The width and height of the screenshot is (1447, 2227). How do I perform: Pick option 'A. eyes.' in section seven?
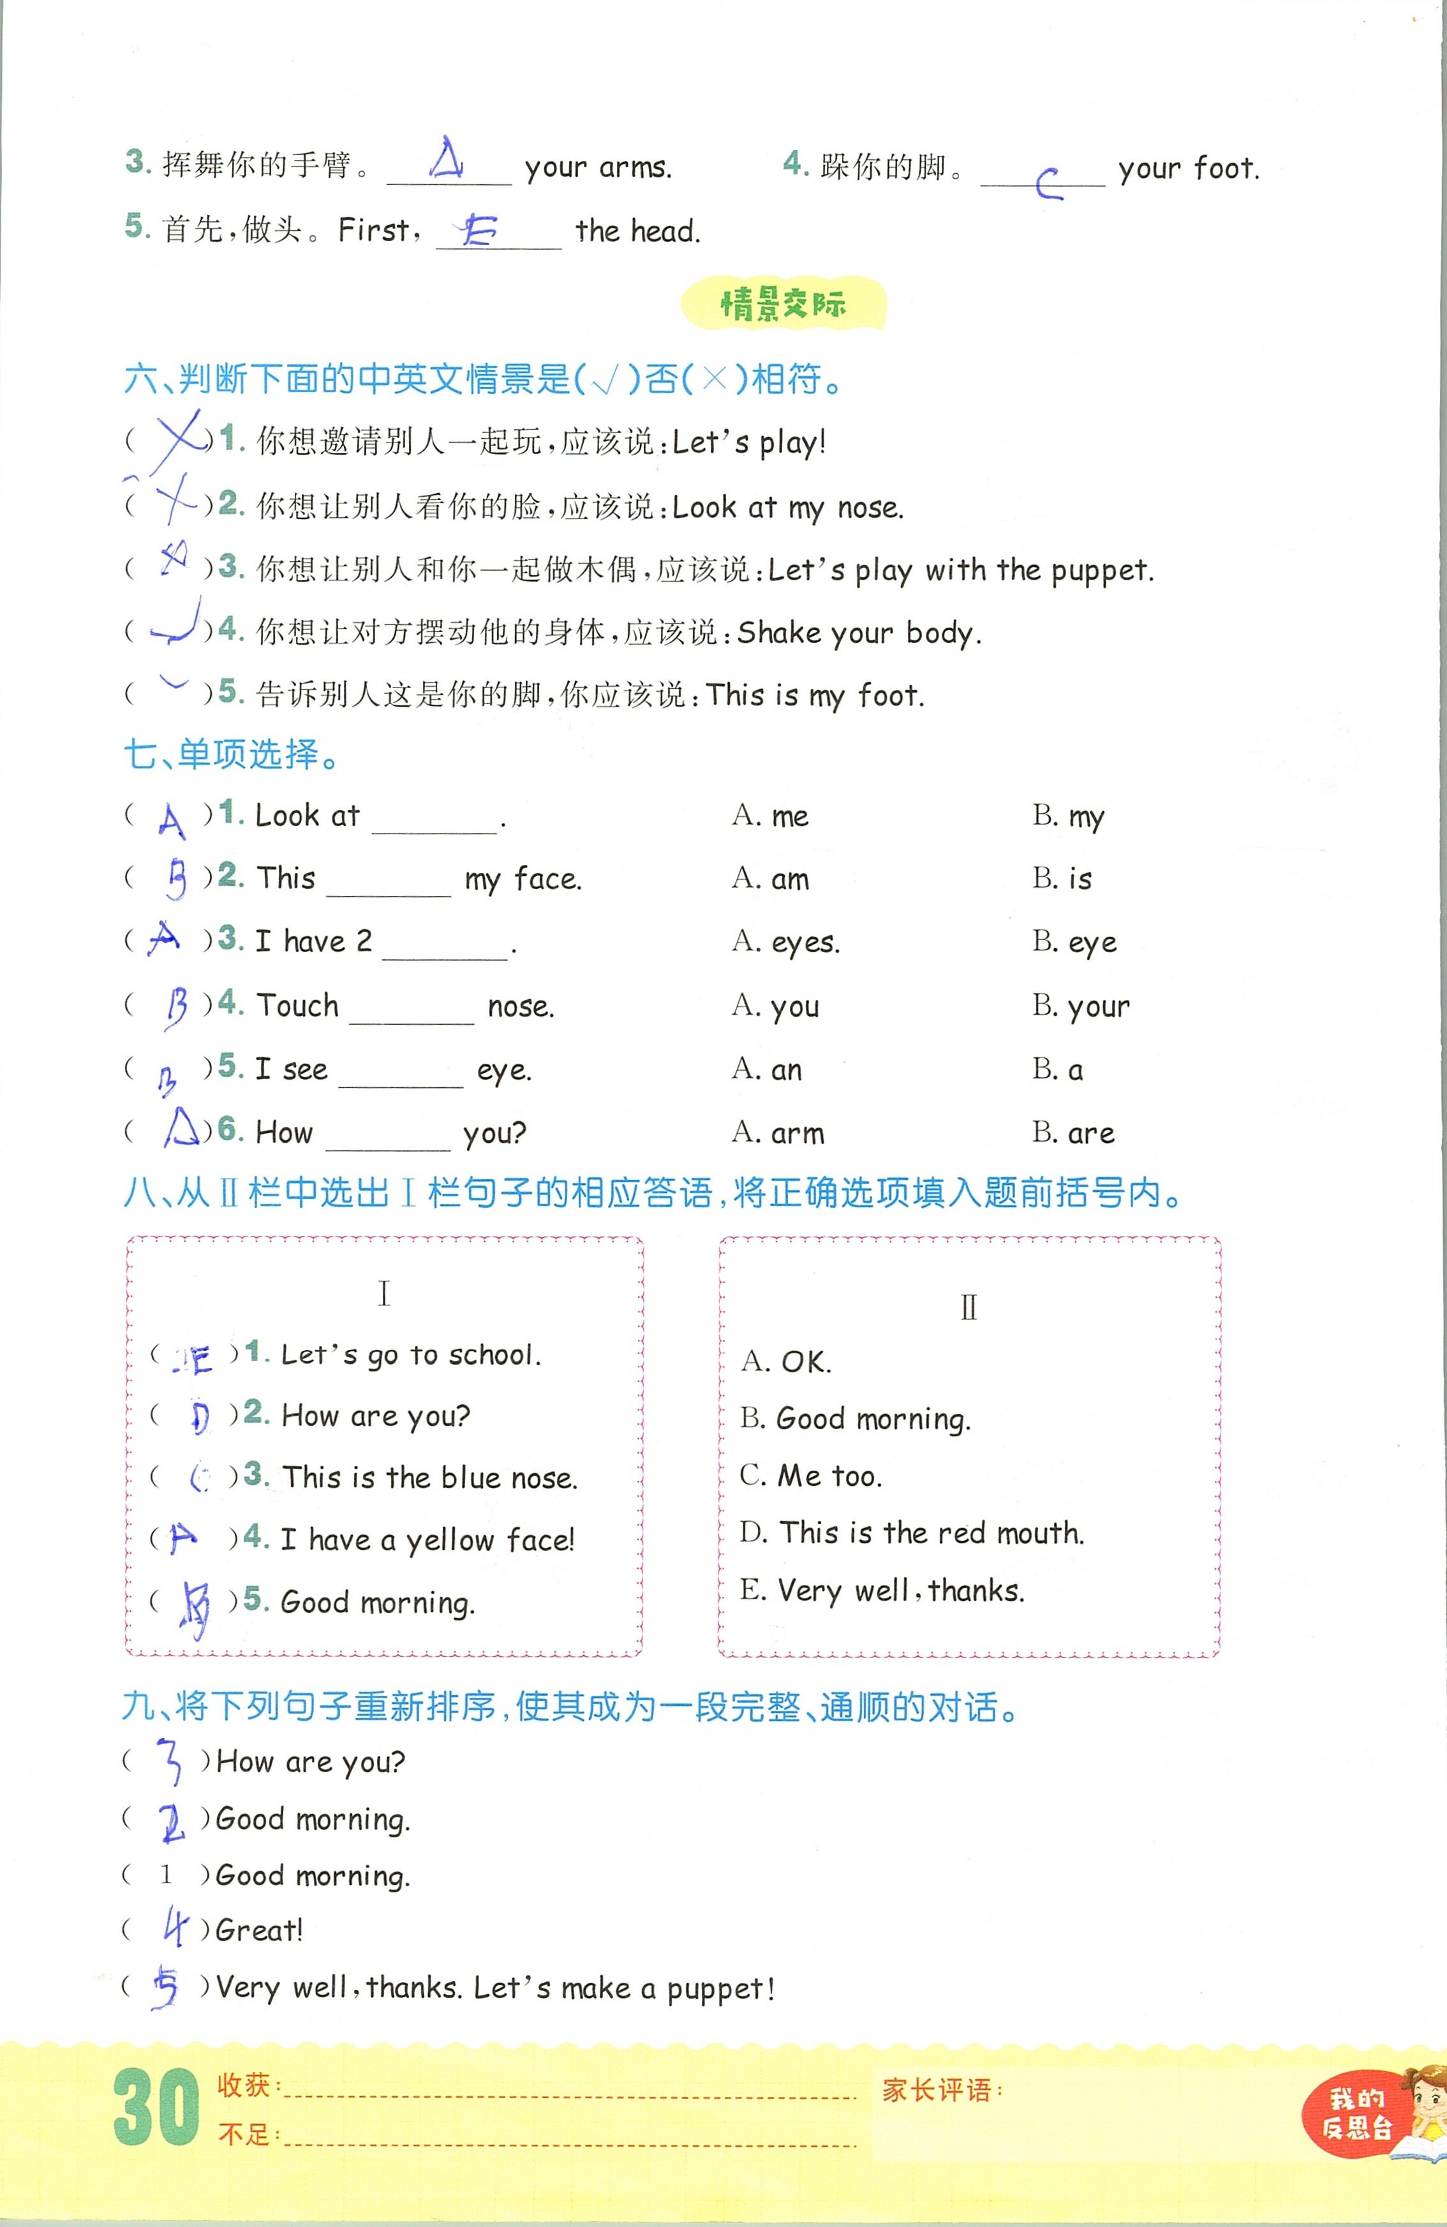785,942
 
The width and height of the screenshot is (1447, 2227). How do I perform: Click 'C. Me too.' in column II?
810,1476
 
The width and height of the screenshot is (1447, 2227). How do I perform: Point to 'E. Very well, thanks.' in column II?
882,1591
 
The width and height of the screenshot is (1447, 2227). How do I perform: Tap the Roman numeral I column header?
383,1294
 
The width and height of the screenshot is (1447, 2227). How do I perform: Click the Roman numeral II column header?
968,1307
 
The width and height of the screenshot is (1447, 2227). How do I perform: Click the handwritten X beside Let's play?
178,438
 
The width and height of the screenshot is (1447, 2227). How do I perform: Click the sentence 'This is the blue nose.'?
429,1478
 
